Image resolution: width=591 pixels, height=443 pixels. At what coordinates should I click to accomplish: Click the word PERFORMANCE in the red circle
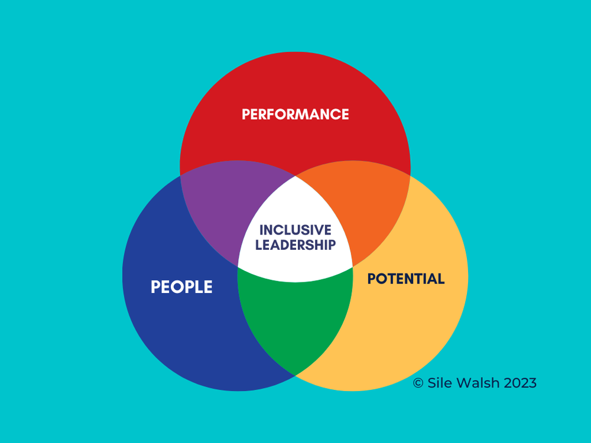pyautogui.click(x=295, y=114)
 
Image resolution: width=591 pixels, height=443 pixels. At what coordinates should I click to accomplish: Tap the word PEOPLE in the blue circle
pyautogui.click(x=181, y=287)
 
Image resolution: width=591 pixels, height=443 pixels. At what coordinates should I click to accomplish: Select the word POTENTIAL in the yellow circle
pyautogui.click(x=406, y=279)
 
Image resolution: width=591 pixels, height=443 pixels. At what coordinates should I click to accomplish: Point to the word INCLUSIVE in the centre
pyautogui.click(x=295, y=230)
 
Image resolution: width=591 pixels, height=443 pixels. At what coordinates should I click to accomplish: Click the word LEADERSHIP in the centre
pyautogui.click(x=295, y=245)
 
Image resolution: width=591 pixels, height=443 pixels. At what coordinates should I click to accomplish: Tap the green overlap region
pyautogui.click(x=295, y=319)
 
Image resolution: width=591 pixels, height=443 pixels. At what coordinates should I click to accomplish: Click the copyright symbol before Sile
pyautogui.click(x=418, y=383)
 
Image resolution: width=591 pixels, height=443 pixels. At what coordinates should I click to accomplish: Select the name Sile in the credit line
pyautogui.click(x=437, y=383)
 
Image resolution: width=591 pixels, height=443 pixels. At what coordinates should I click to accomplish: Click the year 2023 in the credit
pyautogui.click(x=520, y=383)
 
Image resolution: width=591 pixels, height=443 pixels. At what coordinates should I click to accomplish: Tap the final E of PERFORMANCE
pyautogui.click(x=345, y=114)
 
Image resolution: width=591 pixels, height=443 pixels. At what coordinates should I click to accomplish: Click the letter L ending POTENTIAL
pyautogui.click(x=440, y=279)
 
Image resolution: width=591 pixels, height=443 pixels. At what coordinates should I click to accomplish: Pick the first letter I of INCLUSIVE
pyautogui.click(x=262, y=230)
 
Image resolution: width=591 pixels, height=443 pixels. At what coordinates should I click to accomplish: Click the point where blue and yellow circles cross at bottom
pyautogui.click(x=295, y=375)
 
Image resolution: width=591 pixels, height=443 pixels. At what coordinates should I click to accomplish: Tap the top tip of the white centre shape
pyautogui.click(x=295, y=175)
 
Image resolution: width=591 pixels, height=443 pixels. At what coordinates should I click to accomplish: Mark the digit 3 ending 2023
pyautogui.click(x=532, y=383)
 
